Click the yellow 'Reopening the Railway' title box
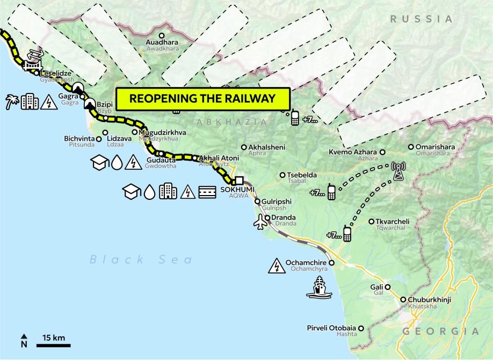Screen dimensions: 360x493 tap(203, 99)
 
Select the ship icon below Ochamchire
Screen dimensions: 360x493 tap(319, 287)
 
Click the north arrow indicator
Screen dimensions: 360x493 tap(24, 340)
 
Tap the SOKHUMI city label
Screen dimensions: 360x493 tap(233, 189)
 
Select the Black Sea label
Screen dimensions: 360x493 tap(141, 260)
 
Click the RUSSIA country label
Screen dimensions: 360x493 tap(422, 19)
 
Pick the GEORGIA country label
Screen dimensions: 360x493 tap(440, 331)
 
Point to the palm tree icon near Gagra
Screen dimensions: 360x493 tap(12, 102)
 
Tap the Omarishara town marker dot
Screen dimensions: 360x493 tap(411, 147)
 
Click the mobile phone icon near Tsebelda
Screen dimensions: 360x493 tap(332, 192)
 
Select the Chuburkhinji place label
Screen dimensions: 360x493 tap(429, 300)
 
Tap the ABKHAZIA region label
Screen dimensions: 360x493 tap(231, 122)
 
